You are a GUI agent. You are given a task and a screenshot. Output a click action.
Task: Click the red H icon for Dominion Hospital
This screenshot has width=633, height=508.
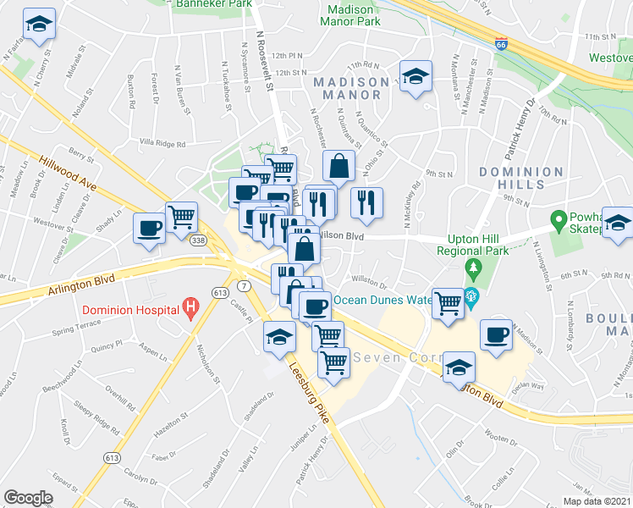191,307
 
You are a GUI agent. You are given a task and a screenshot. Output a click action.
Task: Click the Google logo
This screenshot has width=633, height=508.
28,497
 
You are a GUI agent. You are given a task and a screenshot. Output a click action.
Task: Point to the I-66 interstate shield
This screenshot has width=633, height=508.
502,42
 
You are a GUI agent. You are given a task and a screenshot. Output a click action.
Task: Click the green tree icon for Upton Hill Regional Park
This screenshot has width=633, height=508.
473,269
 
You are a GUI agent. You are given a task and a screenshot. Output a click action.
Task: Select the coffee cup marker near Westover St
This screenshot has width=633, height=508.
150,229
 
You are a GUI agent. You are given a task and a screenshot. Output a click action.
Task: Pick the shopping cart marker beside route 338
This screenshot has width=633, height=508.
181,218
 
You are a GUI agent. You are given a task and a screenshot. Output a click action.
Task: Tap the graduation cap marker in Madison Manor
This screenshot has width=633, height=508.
416,77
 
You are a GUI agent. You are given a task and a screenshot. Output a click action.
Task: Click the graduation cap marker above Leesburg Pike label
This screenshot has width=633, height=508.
279,338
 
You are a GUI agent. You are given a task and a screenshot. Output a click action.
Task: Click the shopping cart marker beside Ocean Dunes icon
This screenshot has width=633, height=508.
447,302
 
